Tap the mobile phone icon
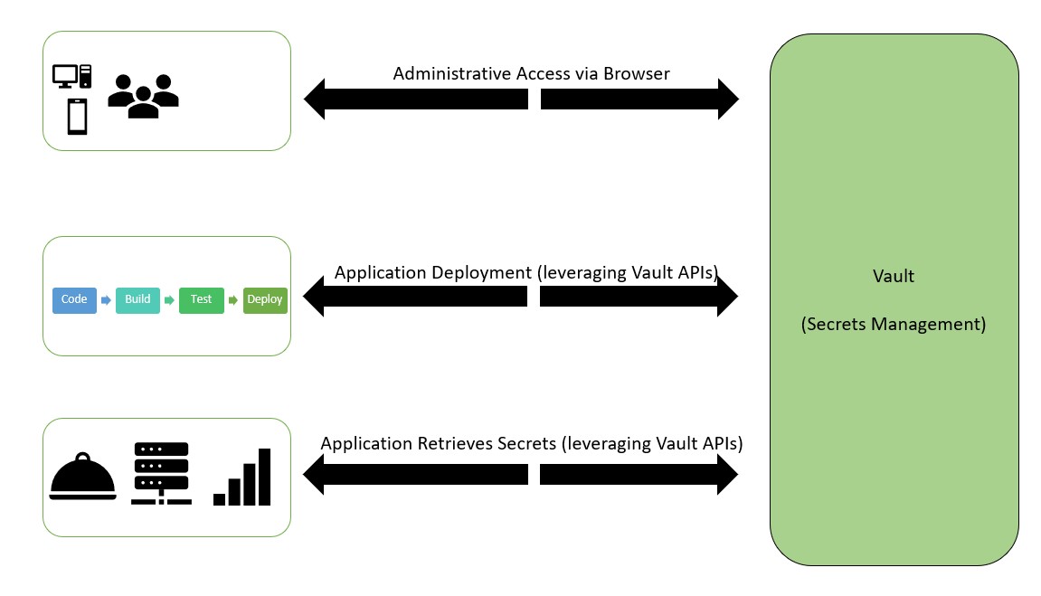[x=77, y=117]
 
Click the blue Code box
[x=74, y=299]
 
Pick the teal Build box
[x=137, y=299]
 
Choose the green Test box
[x=201, y=299]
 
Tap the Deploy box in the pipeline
[x=265, y=299]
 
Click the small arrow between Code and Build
[x=106, y=299]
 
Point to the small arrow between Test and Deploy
[x=232, y=299]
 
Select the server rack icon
[x=160, y=473]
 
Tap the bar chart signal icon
[x=242, y=478]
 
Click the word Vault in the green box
[x=894, y=276]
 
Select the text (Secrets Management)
[x=894, y=324]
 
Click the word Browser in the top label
[x=634, y=73]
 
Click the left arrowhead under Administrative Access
[x=315, y=99]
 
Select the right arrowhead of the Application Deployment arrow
[x=727, y=297]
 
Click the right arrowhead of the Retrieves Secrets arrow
[x=727, y=475]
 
